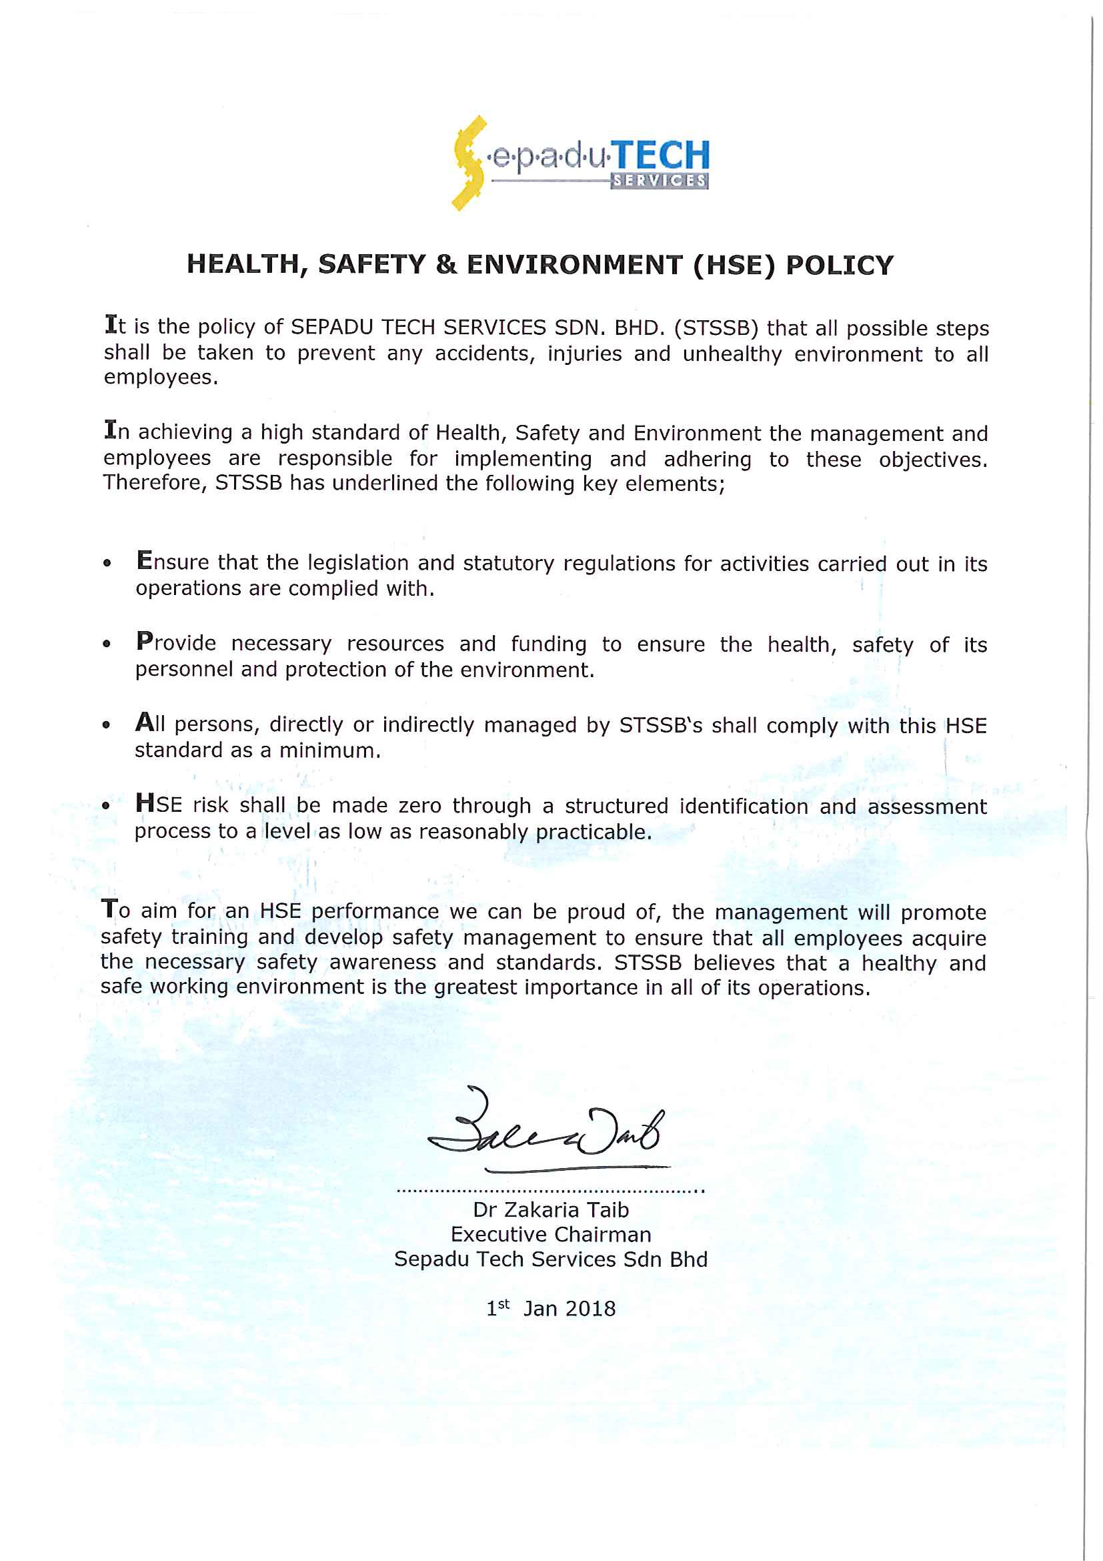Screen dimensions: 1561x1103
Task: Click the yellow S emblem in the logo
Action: coord(469,163)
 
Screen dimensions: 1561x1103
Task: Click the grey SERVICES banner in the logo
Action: coord(659,181)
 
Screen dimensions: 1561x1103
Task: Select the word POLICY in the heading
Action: coord(840,265)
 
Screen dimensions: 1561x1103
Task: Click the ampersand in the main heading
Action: coord(446,264)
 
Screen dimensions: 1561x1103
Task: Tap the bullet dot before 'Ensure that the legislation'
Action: coord(107,563)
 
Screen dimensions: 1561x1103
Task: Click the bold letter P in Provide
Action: coord(144,640)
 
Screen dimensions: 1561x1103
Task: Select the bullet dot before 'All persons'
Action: coord(106,724)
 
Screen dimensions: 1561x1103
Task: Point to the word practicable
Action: coord(594,832)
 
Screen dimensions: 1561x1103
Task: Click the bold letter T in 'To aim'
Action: coord(109,909)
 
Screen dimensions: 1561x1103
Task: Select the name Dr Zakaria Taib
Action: coord(550,1209)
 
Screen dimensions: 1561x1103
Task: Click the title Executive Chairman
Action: coord(550,1234)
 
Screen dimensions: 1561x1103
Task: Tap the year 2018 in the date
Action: coord(590,1309)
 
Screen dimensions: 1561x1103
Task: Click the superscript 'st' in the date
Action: coord(503,1304)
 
